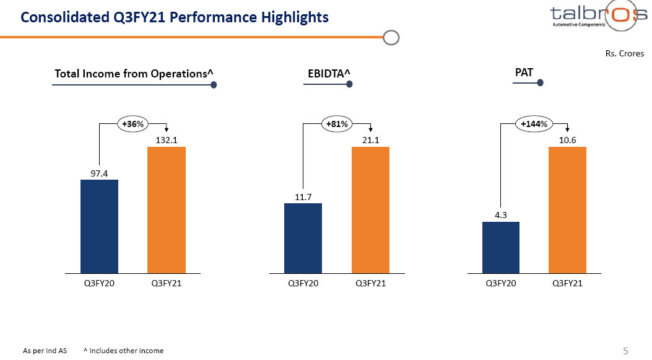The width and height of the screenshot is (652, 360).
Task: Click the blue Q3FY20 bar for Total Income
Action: [x=99, y=226]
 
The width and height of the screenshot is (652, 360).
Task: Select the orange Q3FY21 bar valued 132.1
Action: [x=166, y=209]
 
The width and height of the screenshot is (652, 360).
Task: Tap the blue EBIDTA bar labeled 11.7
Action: [x=303, y=238]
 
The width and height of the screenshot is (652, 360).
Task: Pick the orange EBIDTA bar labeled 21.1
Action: [x=370, y=209]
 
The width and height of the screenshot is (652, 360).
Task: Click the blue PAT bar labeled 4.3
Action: [x=501, y=247]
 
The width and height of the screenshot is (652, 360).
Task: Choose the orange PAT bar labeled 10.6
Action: [x=567, y=209]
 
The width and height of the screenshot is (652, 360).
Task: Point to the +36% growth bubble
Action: [x=133, y=124]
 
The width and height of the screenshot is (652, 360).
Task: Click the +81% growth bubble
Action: [x=337, y=124]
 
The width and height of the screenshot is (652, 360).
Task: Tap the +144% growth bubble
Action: [x=534, y=124]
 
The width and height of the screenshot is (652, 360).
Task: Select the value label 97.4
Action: [x=99, y=173]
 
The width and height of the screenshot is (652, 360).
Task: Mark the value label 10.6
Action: [x=568, y=141]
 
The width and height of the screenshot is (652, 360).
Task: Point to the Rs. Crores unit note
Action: [x=624, y=54]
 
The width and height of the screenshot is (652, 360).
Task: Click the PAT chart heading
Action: [x=524, y=73]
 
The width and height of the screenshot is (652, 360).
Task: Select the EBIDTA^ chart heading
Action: [x=329, y=74]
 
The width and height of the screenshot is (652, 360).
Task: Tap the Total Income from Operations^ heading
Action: [x=134, y=74]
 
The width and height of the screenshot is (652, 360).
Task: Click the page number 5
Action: [x=625, y=351]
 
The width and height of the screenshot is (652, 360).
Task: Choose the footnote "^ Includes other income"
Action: [x=123, y=351]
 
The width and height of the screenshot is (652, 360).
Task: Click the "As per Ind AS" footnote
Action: [x=45, y=351]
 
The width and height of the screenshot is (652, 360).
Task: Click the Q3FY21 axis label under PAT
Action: [x=567, y=283]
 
